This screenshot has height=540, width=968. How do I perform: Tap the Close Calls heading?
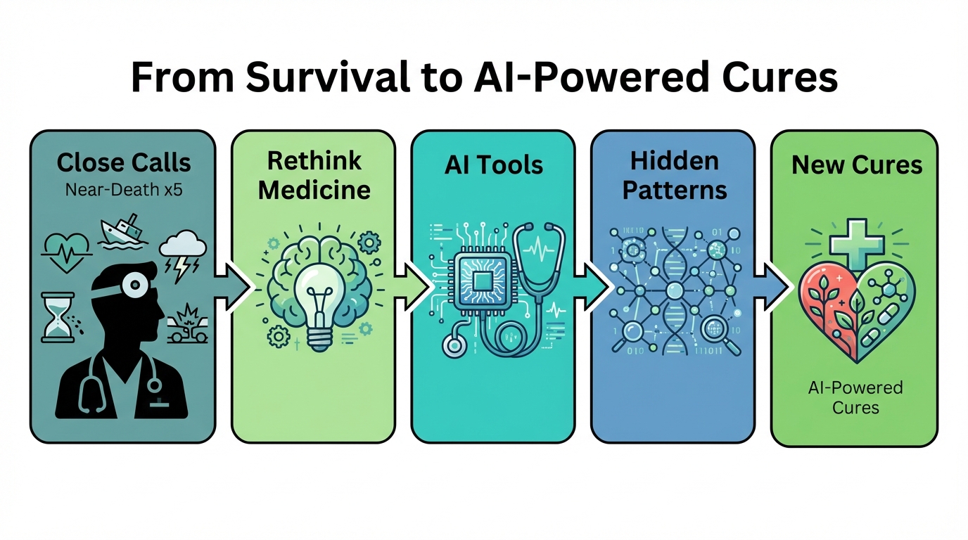123,163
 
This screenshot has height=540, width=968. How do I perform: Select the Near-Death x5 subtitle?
123,189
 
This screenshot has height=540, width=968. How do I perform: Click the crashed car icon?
188,325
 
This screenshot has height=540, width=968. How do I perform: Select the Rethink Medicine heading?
314,175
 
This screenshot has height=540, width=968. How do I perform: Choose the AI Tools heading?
494,165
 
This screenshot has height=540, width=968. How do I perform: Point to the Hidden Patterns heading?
675,175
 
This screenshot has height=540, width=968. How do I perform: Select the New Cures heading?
856,165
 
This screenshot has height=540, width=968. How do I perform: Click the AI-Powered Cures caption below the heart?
855,397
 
